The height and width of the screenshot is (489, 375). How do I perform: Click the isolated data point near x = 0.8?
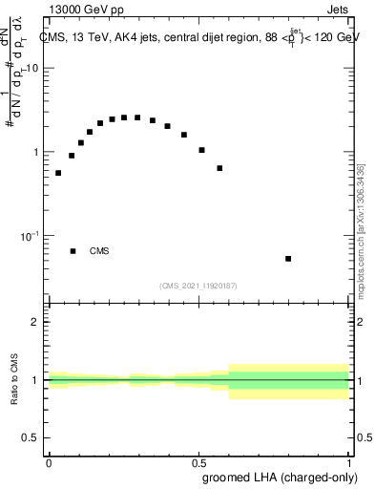pos(288,259)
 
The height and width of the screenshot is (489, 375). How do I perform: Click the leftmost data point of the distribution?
pos(58,173)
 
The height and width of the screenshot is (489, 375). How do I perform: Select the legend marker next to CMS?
pos(73,251)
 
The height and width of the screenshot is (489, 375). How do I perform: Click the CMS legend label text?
pos(99,251)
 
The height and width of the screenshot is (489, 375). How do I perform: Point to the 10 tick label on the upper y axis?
pos(33,69)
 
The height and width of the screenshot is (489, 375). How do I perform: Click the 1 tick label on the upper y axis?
pos(36,153)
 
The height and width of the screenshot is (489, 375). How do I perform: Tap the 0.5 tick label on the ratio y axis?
pos(31,438)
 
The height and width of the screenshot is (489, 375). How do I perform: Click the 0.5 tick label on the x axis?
pos(198,463)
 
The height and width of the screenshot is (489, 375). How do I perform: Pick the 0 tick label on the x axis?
pos(49,463)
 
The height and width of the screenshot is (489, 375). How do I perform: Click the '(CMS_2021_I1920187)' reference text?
pos(198,286)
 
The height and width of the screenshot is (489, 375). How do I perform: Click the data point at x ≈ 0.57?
pos(219,168)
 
